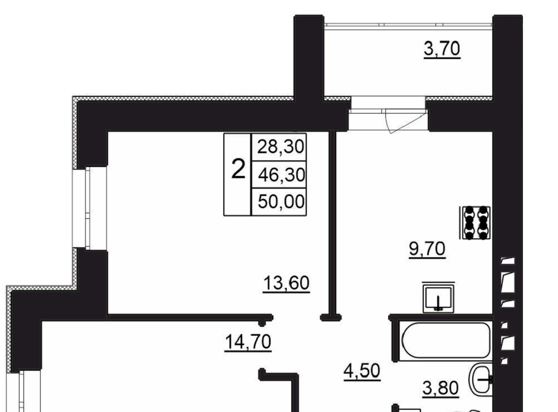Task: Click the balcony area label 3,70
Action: [442, 49]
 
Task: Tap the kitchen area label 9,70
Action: [427, 249]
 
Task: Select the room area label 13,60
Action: [286, 283]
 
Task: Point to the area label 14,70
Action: [248, 342]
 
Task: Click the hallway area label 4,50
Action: [362, 371]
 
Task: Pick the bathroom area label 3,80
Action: [440, 388]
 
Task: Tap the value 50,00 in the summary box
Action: [281, 202]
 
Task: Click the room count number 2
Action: [238, 169]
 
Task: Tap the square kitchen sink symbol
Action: [439, 297]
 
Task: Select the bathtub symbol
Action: [446, 340]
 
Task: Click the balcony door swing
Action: [405, 121]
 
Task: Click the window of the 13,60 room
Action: [90, 208]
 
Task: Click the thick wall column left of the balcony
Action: [309, 58]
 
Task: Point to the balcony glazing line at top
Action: [409, 24]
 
